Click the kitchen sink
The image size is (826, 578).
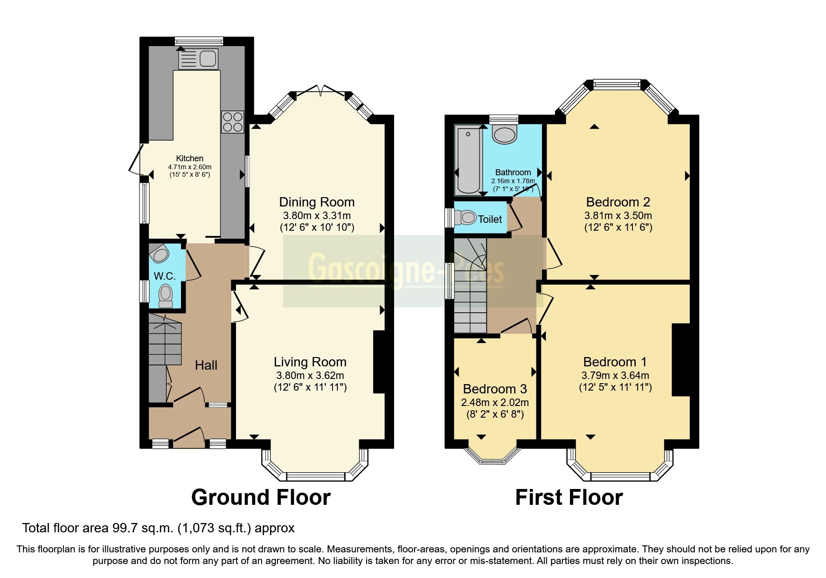pos(198,59)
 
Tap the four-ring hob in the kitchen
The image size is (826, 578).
pos(233,121)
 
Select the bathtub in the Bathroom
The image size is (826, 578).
pos(468,159)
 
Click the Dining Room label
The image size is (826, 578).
pos(317,202)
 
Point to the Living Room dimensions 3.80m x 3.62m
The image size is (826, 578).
pos(310,375)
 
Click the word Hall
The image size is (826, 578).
pos(206,365)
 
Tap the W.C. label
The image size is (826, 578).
pos(165,276)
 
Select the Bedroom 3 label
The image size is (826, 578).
pos(495,389)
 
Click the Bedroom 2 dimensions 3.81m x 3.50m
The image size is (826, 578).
pos(618,215)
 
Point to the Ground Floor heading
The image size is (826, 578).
pos(261,497)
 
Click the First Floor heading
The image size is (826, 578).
pos(569,497)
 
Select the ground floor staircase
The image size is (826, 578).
pos(165,339)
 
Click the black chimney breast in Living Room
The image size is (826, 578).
pos(379,362)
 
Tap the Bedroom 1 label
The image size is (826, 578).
pos(615,362)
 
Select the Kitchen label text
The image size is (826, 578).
pos(189,158)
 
